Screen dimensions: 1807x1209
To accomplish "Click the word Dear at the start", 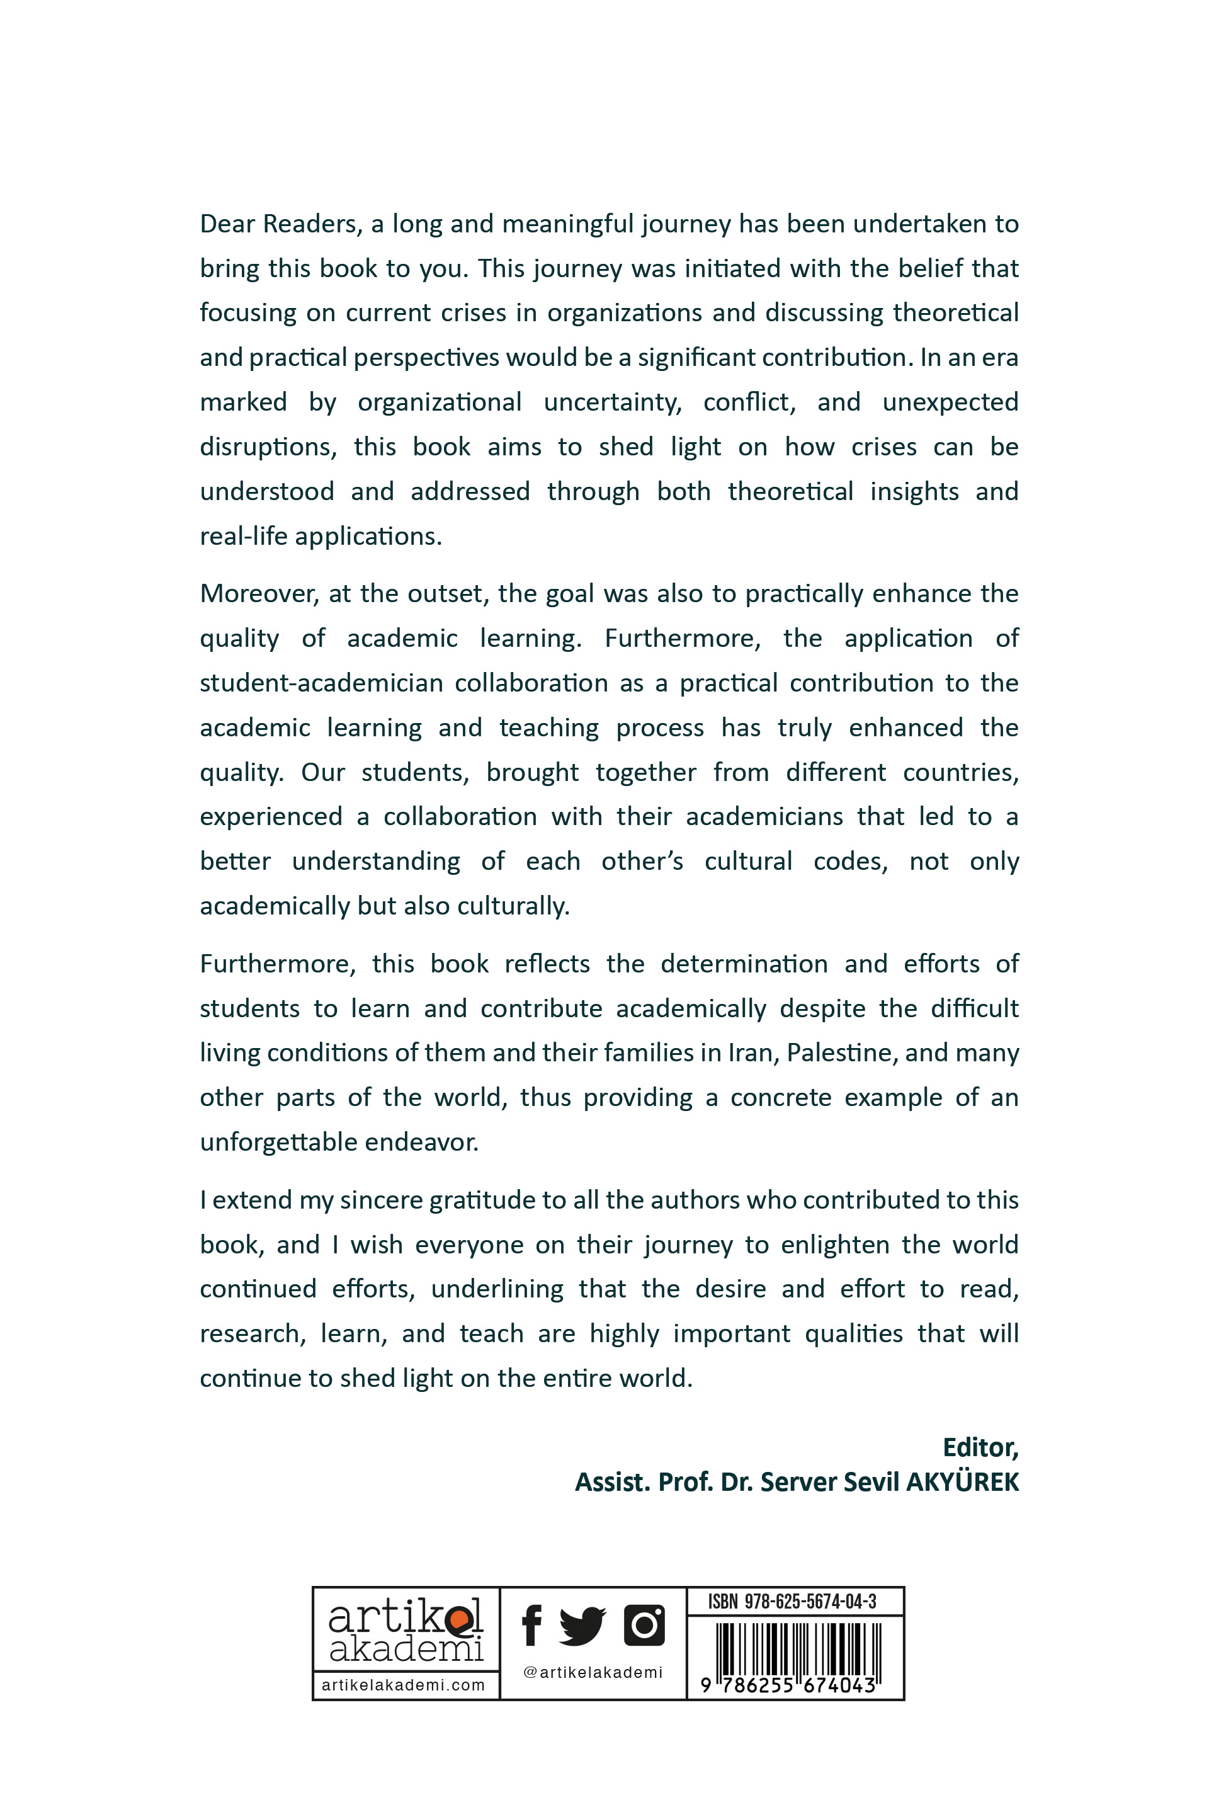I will [x=225, y=224].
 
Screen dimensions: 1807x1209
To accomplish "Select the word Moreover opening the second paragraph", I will [x=257, y=594].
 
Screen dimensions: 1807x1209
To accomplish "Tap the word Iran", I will [x=750, y=1052].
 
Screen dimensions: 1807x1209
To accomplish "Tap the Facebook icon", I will [x=531, y=1625].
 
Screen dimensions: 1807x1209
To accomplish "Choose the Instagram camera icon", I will [x=644, y=1625].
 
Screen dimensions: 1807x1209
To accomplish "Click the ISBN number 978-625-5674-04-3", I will [x=810, y=1601].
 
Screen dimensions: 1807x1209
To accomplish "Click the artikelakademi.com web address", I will [x=403, y=1685].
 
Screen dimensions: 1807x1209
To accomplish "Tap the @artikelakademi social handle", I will [x=593, y=1672].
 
